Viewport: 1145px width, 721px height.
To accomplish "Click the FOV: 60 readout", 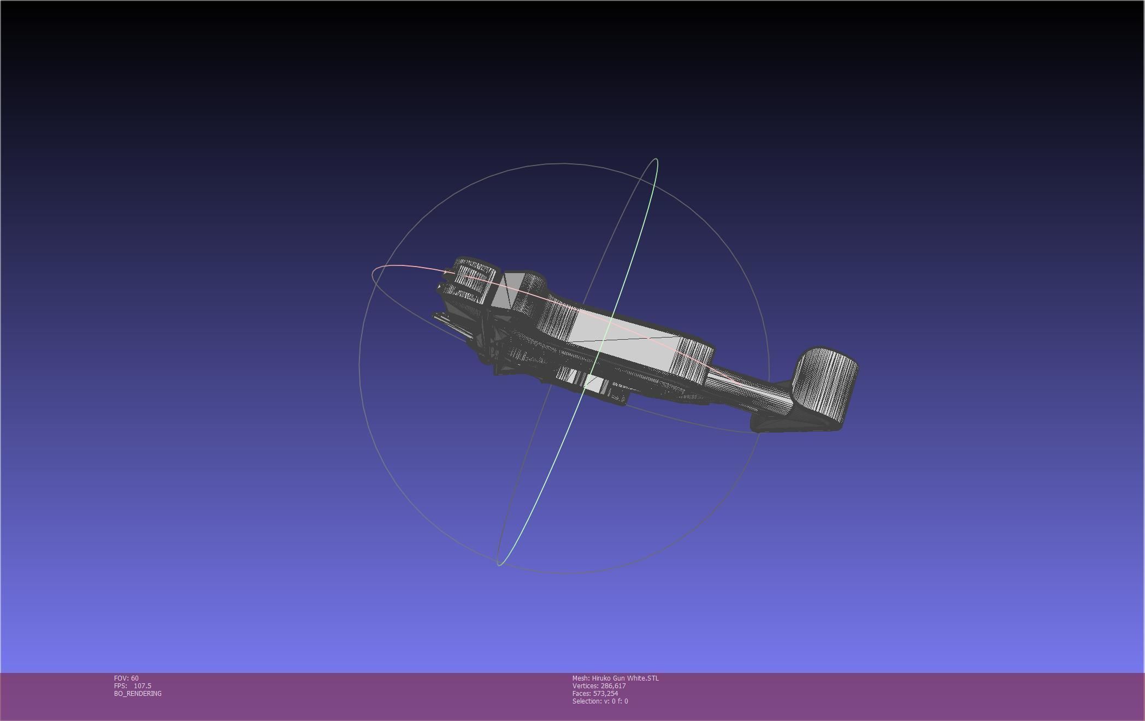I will tap(126, 678).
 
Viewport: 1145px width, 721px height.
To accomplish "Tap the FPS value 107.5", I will tap(142, 685).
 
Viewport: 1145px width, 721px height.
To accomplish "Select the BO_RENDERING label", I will tap(138, 693).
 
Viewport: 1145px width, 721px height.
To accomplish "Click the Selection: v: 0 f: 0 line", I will tap(600, 701).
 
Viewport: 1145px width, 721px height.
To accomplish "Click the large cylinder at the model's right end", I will tap(825, 382).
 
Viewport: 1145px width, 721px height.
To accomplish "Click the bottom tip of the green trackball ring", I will tap(499, 565).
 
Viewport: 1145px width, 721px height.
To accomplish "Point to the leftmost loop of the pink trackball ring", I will tap(374, 275).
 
